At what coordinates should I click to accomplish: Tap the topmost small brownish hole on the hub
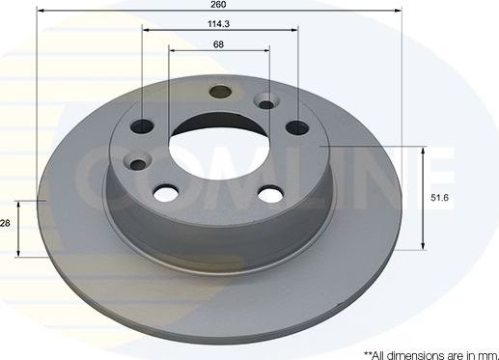[220, 94]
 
